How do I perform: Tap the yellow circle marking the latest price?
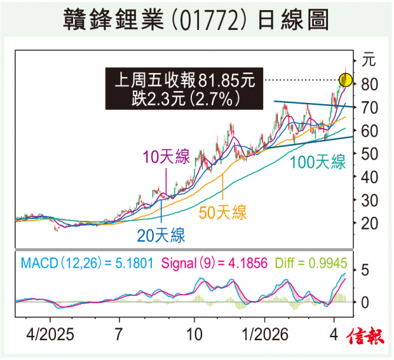pos(346,80)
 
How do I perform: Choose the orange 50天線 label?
pos(223,212)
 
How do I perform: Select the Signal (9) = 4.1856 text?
pos(208,262)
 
